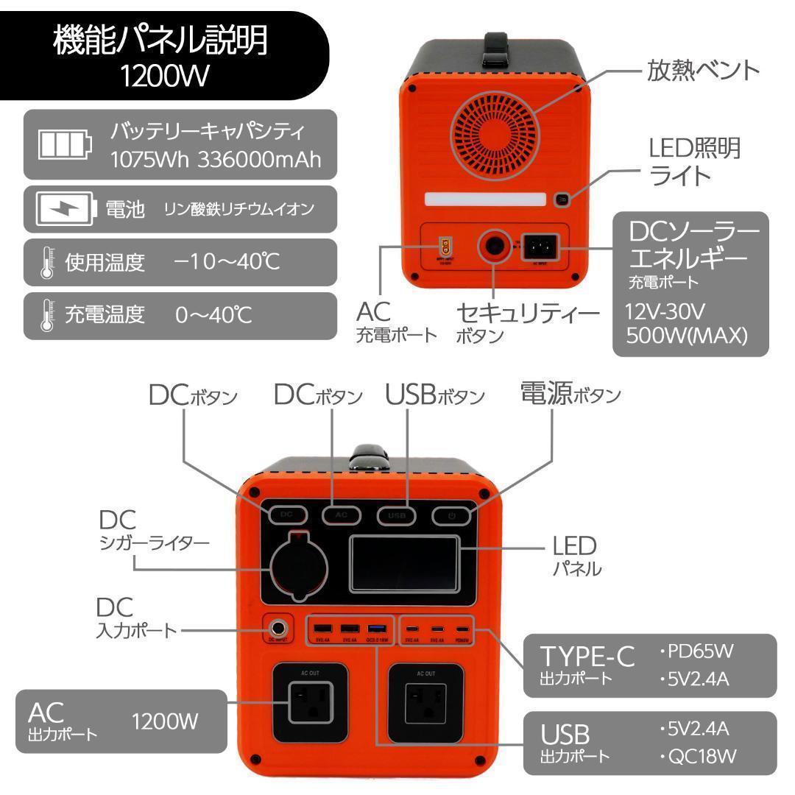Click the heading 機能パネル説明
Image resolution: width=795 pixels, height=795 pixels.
pyautogui.click(x=160, y=43)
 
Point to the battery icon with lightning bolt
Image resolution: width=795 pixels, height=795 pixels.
pyautogui.click(x=66, y=210)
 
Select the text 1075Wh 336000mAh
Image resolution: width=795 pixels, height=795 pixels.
pyautogui.click(x=216, y=160)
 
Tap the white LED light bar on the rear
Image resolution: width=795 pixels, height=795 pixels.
pyautogui.click(x=485, y=199)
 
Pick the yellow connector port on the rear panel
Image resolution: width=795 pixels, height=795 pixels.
pyautogui.click(x=445, y=245)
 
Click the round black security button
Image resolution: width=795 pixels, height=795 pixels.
pyautogui.click(x=494, y=247)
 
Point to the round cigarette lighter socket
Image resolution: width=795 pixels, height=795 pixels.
pyautogui.click(x=297, y=568)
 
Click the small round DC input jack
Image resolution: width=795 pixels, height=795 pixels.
pyautogui.click(x=279, y=629)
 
